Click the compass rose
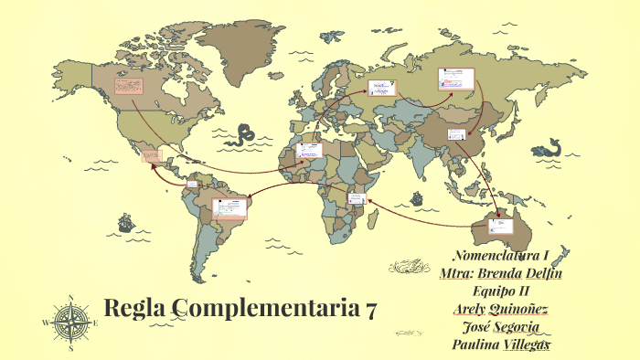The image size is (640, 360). pos(70,322)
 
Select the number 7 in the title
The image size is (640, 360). pos(369,311)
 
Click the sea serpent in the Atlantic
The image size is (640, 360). pos(244,136)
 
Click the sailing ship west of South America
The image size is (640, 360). pos(122,221)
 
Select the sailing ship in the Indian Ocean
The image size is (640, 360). pos(416,197)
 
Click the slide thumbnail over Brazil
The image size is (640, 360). pos(229,206)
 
